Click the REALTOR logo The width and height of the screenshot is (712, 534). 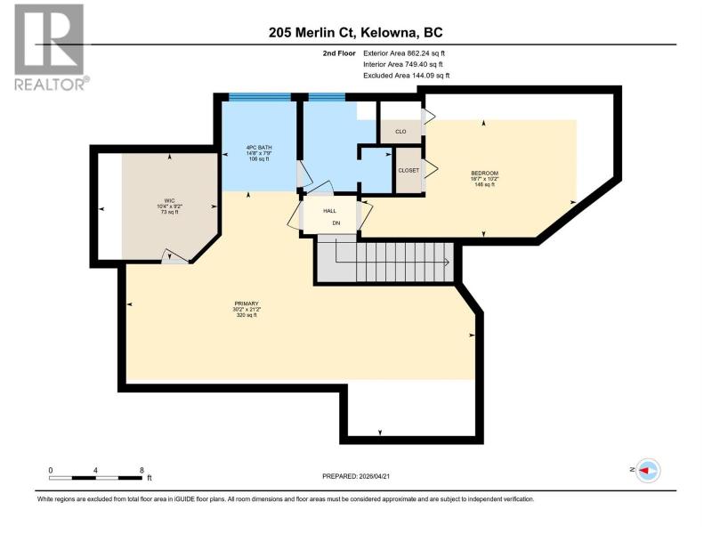[50, 47]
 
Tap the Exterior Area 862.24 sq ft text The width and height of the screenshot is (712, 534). [404, 53]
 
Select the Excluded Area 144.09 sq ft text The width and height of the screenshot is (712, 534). [406, 76]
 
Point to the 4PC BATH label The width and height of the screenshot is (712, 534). [259, 148]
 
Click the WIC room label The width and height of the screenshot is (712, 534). [169, 201]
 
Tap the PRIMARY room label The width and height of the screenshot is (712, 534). [247, 303]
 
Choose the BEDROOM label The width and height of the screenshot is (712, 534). [484, 173]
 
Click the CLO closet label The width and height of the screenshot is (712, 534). [400, 132]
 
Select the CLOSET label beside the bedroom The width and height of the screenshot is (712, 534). [409, 170]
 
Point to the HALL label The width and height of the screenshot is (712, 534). [329, 211]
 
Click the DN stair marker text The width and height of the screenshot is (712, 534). [336, 223]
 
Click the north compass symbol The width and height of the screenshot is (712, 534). [648, 471]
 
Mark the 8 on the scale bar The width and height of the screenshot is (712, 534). [142, 471]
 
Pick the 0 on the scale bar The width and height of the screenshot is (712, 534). [51, 471]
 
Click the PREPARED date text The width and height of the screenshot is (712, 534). [356, 476]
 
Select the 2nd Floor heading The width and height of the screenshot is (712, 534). [339, 53]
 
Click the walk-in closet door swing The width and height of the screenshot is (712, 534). [174, 256]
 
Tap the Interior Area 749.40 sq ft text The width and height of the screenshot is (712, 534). [403, 64]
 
